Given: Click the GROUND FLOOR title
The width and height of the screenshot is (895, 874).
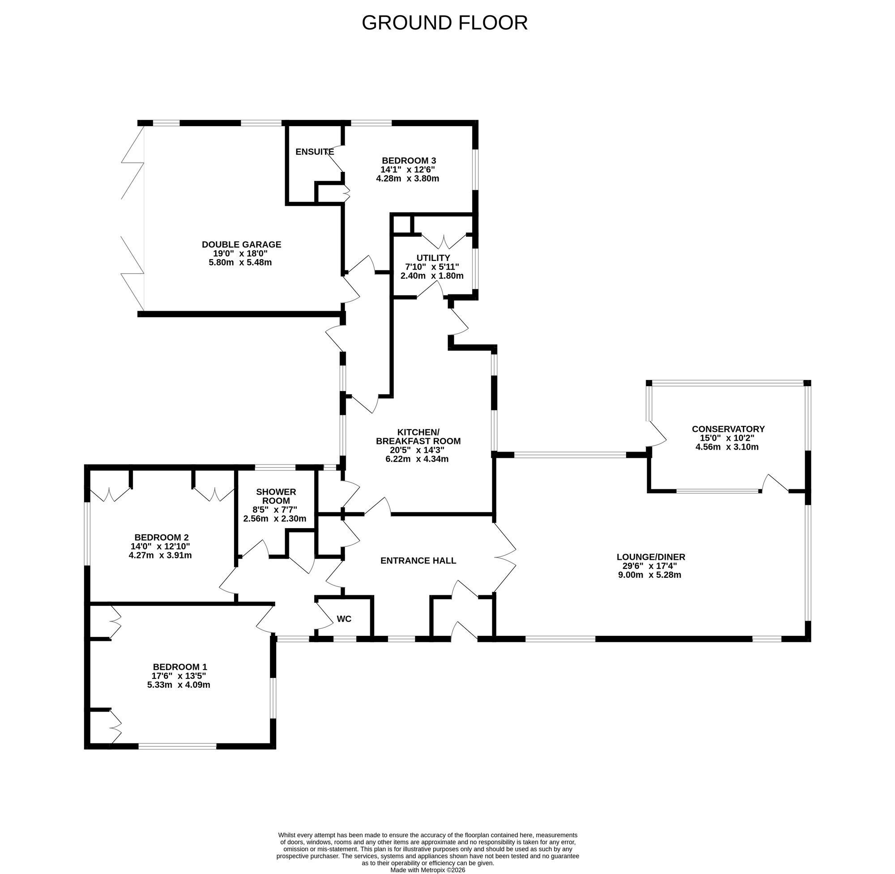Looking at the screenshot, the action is [x=444, y=22].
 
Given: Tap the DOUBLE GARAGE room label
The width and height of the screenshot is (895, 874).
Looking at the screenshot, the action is [x=241, y=245].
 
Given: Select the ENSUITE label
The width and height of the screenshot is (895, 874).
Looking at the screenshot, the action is [x=315, y=152].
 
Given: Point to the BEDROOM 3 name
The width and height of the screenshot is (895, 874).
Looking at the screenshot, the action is [x=409, y=161].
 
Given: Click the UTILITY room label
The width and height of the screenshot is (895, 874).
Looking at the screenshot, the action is [x=433, y=258].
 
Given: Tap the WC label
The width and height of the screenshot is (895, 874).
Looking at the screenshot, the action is [x=344, y=619].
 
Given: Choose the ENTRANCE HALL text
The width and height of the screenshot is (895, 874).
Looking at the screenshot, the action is [x=418, y=560].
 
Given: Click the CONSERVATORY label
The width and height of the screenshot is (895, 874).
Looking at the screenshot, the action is [x=729, y=429].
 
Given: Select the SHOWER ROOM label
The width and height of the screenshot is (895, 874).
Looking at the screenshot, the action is [x=276, y=496].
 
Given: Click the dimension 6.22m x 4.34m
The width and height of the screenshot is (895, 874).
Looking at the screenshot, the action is [x=417, y=459].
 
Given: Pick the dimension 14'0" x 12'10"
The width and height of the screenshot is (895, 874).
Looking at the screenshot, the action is [x=160, y=546].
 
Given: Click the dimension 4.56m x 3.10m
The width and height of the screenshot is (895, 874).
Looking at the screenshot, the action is [x=728, y=447].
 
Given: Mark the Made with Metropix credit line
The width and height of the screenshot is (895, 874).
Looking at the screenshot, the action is [x=428, y=870].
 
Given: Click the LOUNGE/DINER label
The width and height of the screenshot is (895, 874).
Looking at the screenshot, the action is [x=651, y=557].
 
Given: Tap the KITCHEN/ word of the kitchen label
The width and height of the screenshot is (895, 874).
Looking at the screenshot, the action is [x=418, y=432].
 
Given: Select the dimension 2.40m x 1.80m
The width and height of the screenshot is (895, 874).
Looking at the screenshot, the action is [x=432, y=276].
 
